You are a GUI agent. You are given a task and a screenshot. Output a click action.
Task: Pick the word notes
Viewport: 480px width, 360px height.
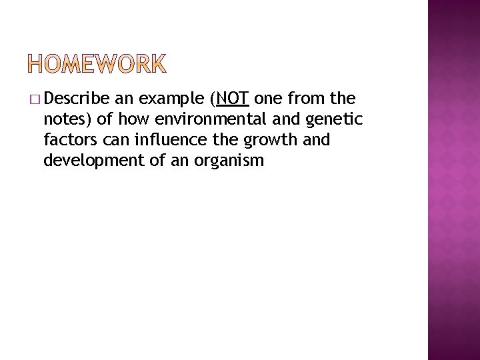click(x=63, y=121)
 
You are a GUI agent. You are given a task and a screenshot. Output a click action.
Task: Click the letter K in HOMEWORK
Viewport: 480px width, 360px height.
click(x=157, y=64)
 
